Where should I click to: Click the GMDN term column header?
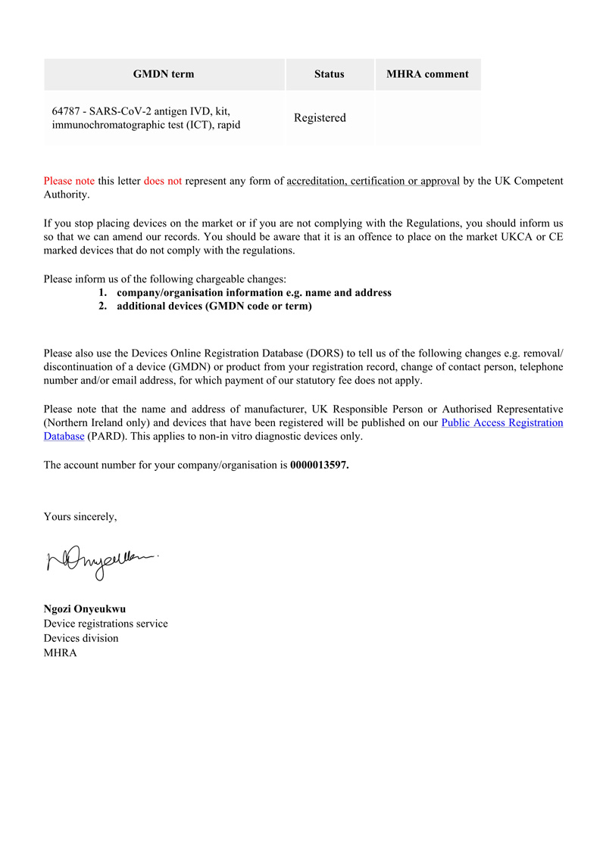[164, 74]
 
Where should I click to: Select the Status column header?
[329, 74]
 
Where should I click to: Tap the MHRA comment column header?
[427, 74]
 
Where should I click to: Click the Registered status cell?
[320, 118]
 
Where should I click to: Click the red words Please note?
[69, 181]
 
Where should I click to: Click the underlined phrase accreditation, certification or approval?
[373, 181]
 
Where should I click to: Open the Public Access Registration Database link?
[501, 422]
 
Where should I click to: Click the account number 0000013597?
[319, 465]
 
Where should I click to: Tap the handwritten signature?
[103, 562]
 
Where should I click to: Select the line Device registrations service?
[106, 624]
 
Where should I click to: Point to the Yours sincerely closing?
[80, 517]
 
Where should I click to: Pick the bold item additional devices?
[214, 307]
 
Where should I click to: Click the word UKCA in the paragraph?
[523, 237]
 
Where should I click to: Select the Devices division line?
[81, 638]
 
